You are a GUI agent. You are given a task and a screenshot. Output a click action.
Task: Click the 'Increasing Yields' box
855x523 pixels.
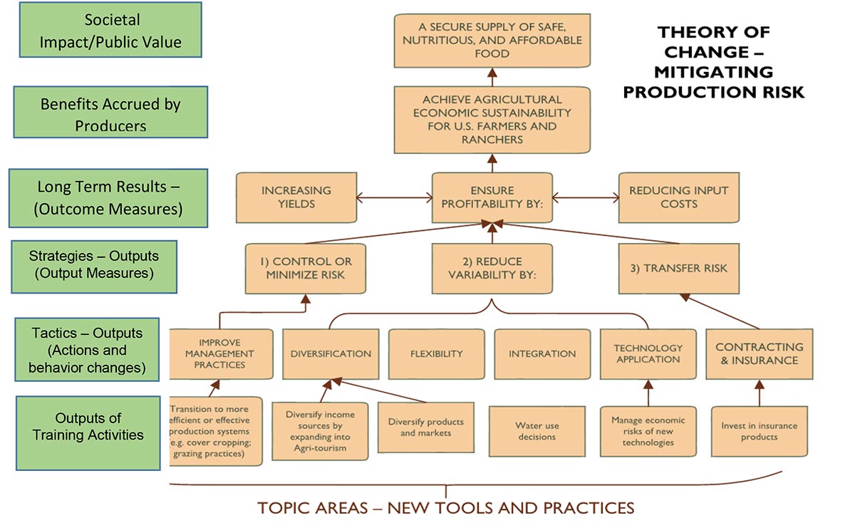296,197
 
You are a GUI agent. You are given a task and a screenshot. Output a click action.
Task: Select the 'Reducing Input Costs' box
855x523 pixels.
678,197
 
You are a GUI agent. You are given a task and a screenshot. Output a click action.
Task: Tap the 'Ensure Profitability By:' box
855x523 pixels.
492,197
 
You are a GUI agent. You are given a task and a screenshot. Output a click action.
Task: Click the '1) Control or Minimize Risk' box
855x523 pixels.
304,268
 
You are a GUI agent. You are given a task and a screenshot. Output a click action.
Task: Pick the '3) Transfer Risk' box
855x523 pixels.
678,268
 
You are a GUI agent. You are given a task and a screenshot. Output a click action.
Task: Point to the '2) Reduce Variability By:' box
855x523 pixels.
492,268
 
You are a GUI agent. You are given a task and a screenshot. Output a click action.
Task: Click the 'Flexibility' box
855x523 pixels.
436,353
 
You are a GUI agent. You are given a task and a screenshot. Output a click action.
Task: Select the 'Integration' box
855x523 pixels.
542,353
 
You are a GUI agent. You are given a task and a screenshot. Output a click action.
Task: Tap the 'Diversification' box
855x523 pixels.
331,353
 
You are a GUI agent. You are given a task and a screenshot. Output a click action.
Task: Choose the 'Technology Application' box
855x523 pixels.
648,353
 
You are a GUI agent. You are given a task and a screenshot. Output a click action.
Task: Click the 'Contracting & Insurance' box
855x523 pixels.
759,353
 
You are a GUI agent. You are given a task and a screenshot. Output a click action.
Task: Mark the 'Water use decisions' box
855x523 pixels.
537,431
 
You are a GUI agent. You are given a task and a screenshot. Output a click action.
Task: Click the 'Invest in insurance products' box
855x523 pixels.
759,431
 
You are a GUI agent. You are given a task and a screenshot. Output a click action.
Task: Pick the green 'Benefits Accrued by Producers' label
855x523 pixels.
110,114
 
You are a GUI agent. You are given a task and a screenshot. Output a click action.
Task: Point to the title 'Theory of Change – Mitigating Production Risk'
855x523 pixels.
713,62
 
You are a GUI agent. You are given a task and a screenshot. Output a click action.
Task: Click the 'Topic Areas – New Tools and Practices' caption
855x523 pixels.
445,508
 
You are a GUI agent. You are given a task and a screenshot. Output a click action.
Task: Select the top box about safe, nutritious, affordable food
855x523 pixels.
492,41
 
